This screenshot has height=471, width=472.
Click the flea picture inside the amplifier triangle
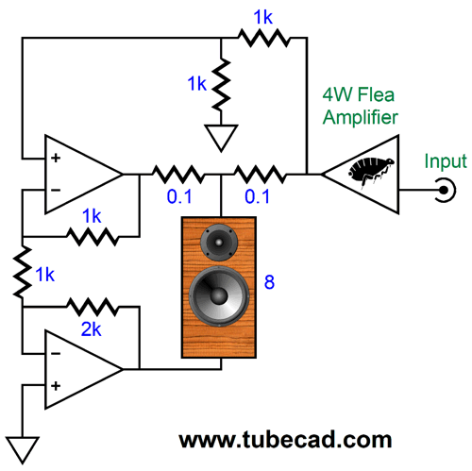point(371,173)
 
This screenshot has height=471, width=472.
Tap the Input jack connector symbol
point(446,190)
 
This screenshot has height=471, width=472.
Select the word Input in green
point(446,161)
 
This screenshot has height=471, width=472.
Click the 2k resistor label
point(92,329)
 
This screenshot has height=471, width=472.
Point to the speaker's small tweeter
point(219,243)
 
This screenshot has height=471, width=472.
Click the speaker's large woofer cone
point(219,296)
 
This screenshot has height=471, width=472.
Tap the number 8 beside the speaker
point(269,281)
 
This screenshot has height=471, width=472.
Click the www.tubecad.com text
point(285,440)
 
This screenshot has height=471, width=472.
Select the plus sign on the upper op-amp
point(56,158)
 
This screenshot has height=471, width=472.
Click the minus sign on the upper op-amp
point(56,190)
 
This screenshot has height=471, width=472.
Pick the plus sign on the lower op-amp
point(56,386)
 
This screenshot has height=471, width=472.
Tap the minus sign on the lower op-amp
point(56,354)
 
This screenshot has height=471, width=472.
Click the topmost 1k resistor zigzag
point(263,38)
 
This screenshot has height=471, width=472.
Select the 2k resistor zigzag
point(93,307)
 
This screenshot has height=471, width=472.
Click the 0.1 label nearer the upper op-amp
point(179,196)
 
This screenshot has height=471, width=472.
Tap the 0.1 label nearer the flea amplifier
point(257,196)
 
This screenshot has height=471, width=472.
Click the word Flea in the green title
point(376,94)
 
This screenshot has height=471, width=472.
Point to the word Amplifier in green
point(361,118)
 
